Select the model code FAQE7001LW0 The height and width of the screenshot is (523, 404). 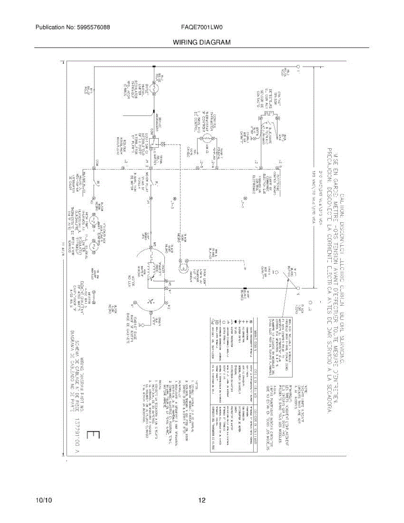pos(202,27)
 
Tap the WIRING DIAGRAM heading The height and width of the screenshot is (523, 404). pos(201,42)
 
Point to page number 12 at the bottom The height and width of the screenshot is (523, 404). pos(202,500)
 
